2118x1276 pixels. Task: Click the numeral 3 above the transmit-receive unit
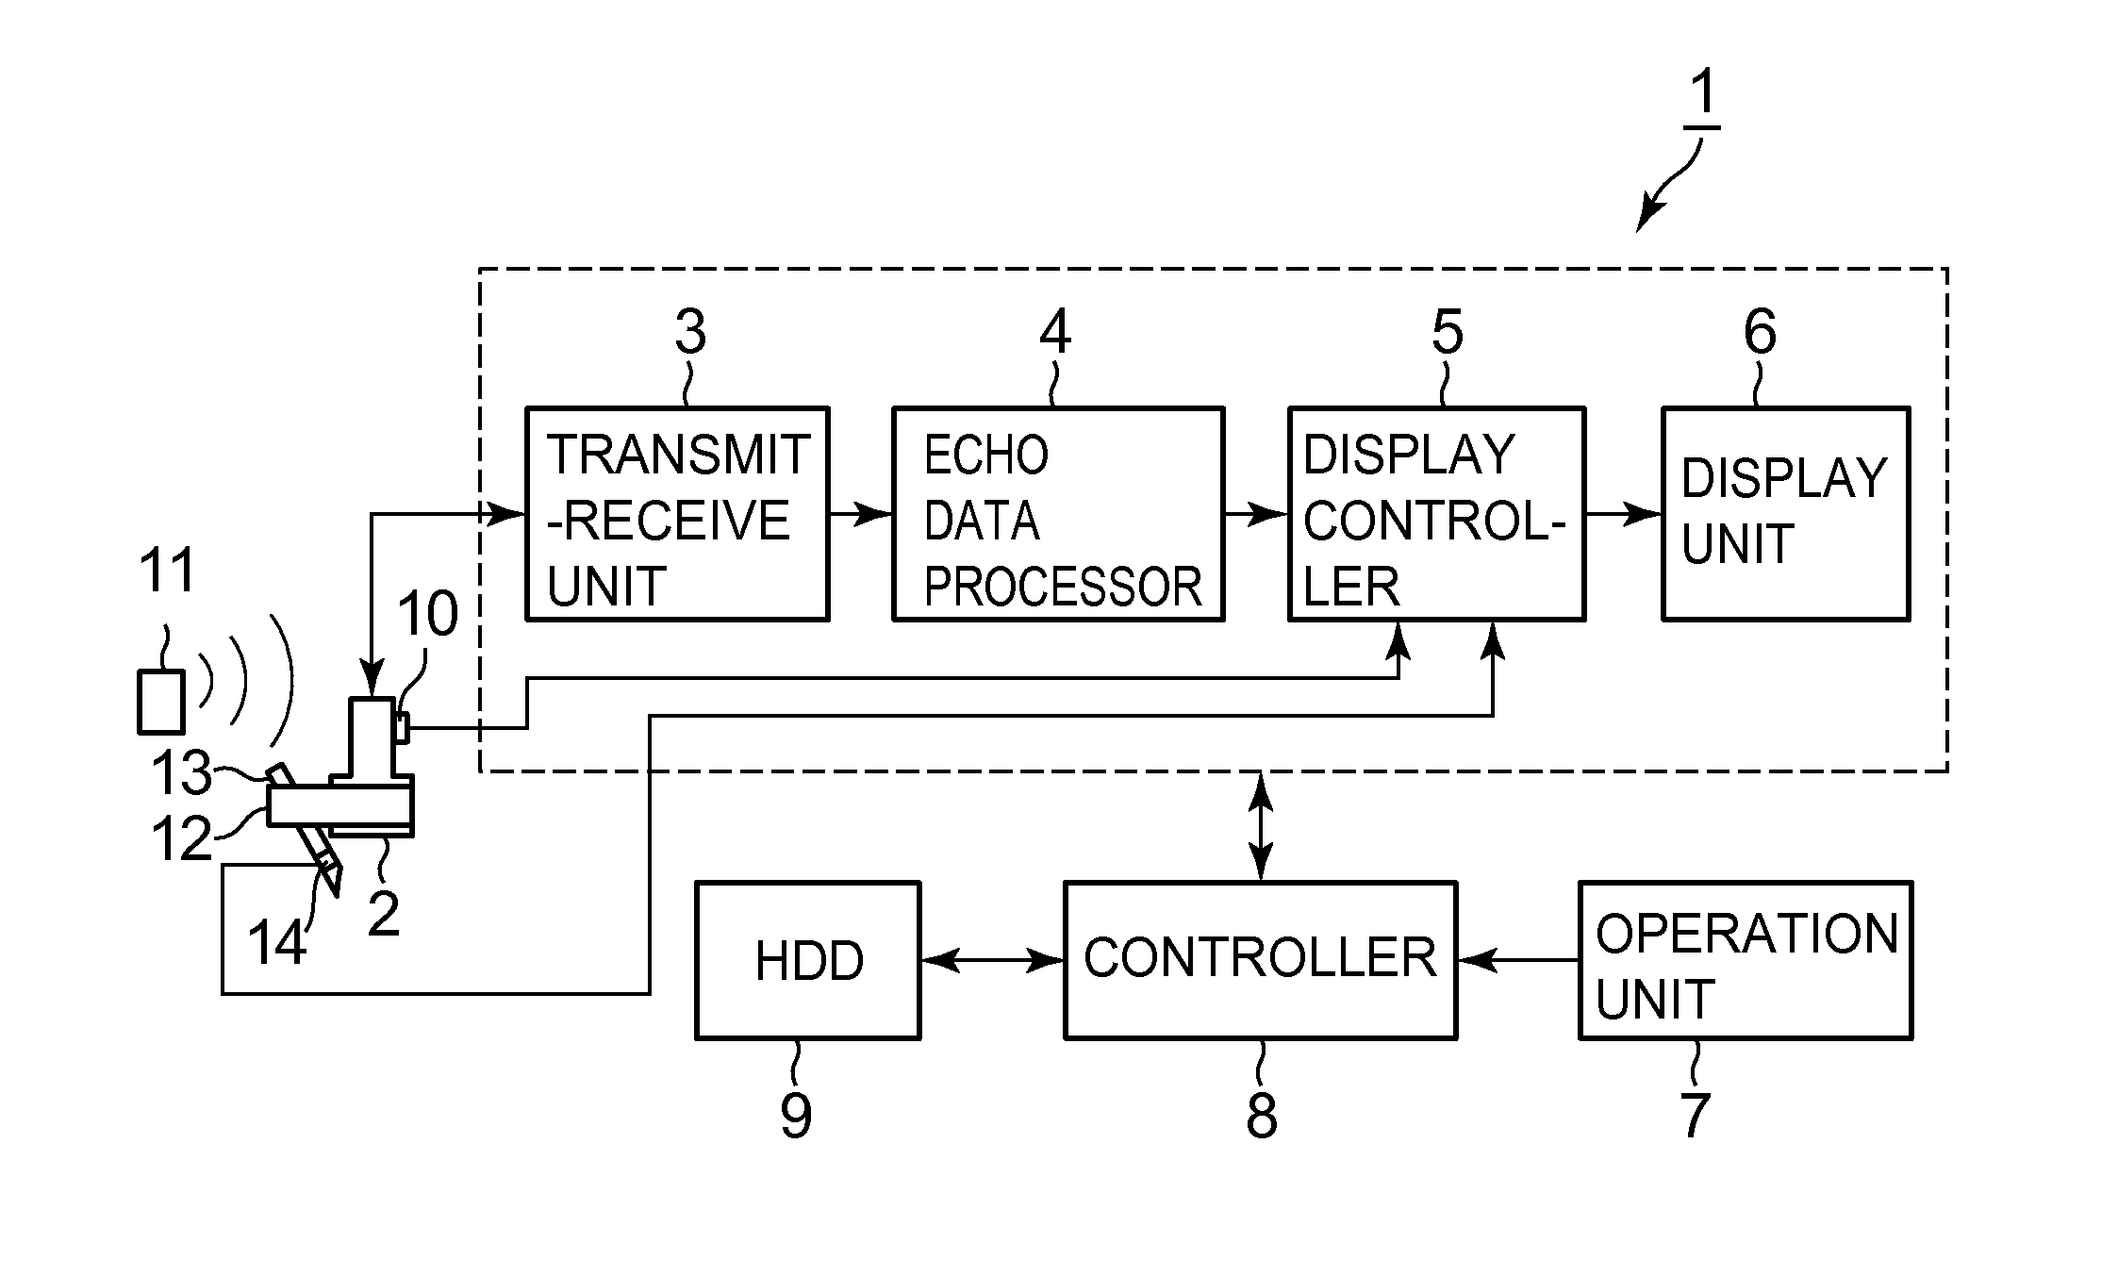click(690, 332)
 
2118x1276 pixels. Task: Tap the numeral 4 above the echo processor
click(1055, 332)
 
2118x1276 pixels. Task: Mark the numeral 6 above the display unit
click(1760, 332)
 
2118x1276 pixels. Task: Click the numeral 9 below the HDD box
click(795, 1115)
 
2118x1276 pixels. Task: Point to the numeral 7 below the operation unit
click(1695, 1115)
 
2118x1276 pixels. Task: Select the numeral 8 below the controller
click(1261, 1115)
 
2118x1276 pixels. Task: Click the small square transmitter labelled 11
click(161, 702)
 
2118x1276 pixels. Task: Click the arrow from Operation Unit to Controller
click(1518, 961)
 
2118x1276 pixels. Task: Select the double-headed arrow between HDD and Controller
click(992, 961)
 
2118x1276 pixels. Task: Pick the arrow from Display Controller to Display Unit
click(1623, 514)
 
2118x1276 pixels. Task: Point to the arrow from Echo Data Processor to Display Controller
click(1256, 514)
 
